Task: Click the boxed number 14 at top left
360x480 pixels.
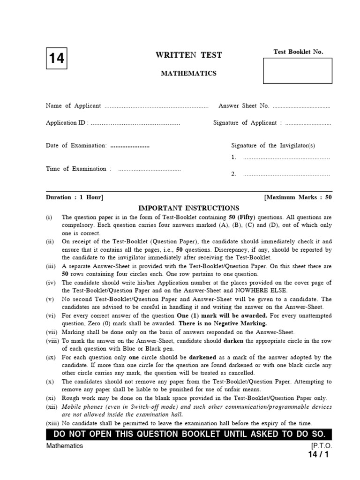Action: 56,59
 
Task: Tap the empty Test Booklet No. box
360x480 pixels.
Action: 298,71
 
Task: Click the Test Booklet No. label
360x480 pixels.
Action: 298,52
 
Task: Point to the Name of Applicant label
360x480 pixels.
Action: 73,106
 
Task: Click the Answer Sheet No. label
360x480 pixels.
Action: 244,106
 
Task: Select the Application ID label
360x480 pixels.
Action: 66,123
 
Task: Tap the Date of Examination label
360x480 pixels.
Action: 76,146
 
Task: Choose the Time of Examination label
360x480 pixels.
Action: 78,169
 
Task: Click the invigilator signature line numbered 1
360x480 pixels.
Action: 286,158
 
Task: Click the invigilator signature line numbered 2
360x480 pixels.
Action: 286,175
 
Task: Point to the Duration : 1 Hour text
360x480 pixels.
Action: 75,197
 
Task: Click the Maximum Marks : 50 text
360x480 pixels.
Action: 298,197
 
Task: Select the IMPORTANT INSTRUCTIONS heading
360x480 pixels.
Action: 188,208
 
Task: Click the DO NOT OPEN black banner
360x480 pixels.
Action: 189,434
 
